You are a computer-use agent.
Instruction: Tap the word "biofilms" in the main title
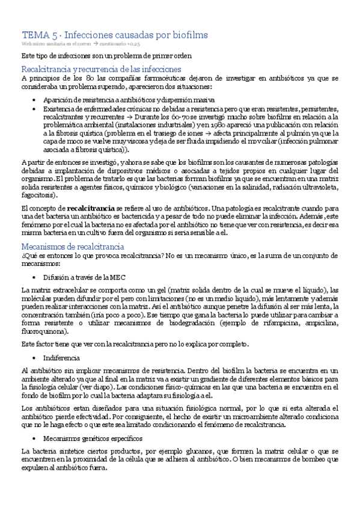pos(189,35)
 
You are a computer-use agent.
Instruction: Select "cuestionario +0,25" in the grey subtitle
pos(123,44)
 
